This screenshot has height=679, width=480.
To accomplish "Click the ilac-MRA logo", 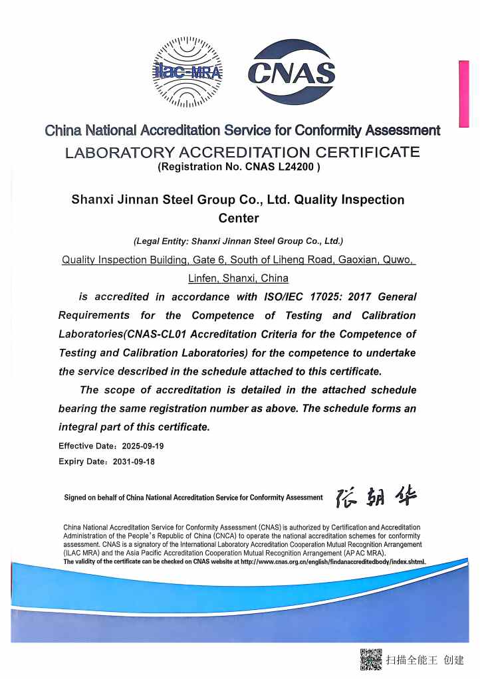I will pos(187,72).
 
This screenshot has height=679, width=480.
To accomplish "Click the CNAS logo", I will pos(291,73).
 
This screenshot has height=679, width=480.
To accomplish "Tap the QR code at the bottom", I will pos(371,659).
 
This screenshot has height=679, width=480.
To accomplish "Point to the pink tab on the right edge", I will pos(463,93).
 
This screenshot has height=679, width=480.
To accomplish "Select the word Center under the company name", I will pos(239,218).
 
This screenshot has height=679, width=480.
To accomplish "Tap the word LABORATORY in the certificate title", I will pos(110,153).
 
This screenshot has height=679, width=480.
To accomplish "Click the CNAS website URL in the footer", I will pos(332,561).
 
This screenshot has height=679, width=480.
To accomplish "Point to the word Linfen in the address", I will pos(203,278).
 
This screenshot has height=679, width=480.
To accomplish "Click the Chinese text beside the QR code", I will pos(425,660).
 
